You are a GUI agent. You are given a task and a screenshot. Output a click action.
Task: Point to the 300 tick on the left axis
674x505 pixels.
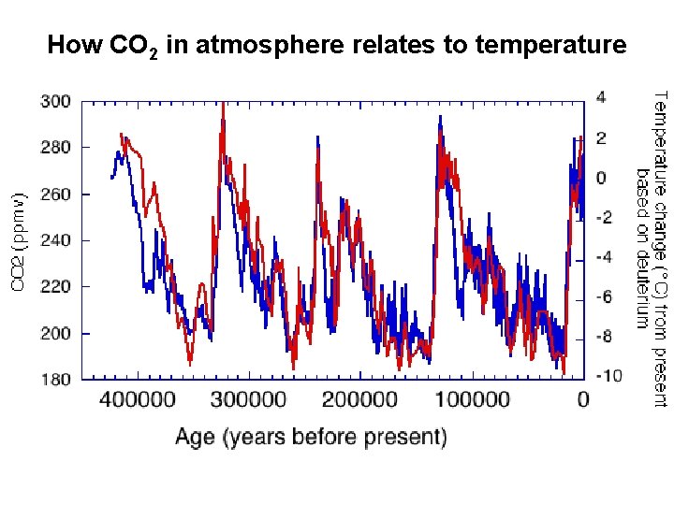tap(55, 101)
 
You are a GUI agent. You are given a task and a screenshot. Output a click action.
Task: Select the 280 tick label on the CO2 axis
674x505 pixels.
tap(55, 148)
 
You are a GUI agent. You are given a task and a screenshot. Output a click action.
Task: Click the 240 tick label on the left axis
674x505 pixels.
tap(55, 240)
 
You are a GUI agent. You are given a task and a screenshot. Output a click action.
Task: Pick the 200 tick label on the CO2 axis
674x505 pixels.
tap(55, 333)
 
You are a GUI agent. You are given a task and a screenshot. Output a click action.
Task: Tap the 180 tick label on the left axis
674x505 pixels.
tap(55, 380)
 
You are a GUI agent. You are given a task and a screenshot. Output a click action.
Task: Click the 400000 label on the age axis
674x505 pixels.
tap(139, 400)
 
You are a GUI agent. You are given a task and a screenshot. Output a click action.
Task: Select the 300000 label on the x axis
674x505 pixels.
tap(250, 400)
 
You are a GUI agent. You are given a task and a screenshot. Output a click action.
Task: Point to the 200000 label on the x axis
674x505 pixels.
tap(361, 400)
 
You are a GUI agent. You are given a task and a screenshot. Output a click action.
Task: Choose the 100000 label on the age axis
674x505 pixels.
tap(472, 400)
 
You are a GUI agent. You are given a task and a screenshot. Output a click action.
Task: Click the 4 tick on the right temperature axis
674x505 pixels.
tap(601, 96)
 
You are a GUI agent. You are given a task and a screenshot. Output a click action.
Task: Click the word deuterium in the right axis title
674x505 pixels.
tap(642, 286)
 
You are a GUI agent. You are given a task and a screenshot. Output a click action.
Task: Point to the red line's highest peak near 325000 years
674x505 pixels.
tap(223, 104)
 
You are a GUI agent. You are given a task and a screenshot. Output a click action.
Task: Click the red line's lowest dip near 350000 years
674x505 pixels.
tap(190, 363)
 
